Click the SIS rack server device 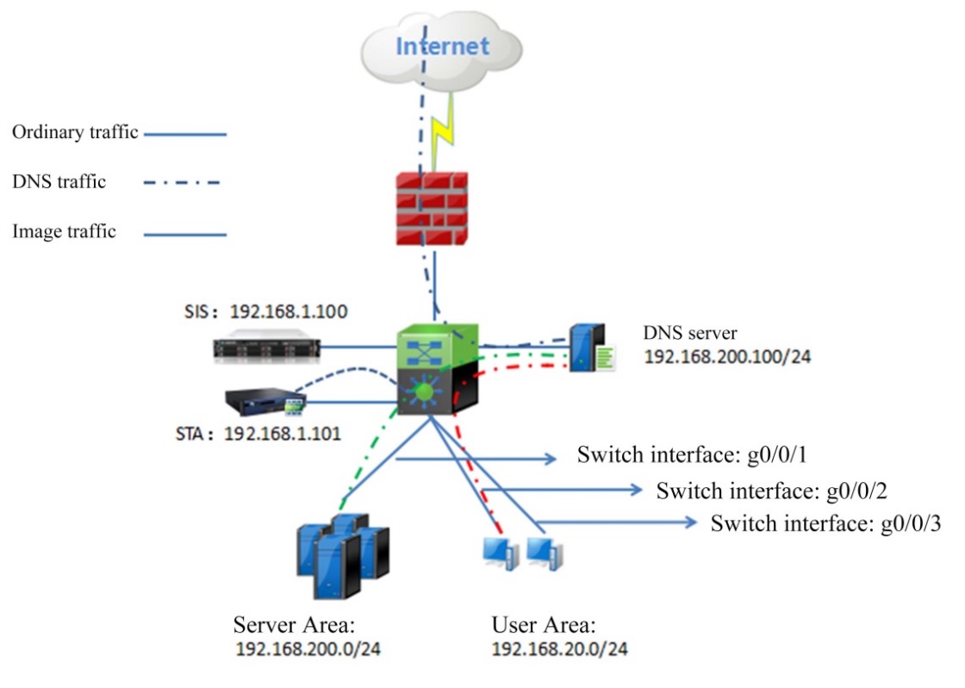pyautogui.click(x=266, y=347)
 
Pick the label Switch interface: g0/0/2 pyautogui.click(x=771, y=491)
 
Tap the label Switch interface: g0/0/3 pyautogui.click(x=825, y=523)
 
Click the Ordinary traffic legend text pyautogui.click(x=76, y=134)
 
